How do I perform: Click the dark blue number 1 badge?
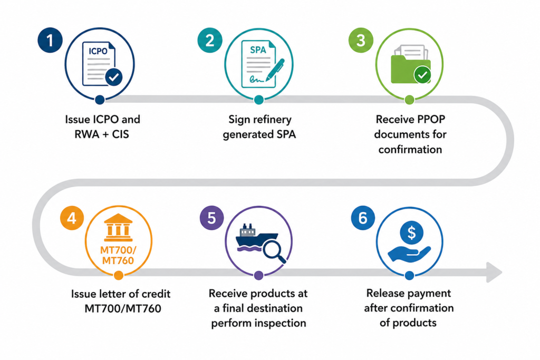50,40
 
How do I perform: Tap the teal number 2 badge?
210,40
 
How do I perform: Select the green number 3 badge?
361,40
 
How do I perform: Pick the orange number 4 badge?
72,218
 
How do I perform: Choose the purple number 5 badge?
212,218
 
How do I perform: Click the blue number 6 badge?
363,218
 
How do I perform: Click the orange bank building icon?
118,228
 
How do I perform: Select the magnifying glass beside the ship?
274,251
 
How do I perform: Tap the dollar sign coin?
411,232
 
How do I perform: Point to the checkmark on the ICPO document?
114,77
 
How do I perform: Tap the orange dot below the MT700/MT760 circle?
119,275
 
